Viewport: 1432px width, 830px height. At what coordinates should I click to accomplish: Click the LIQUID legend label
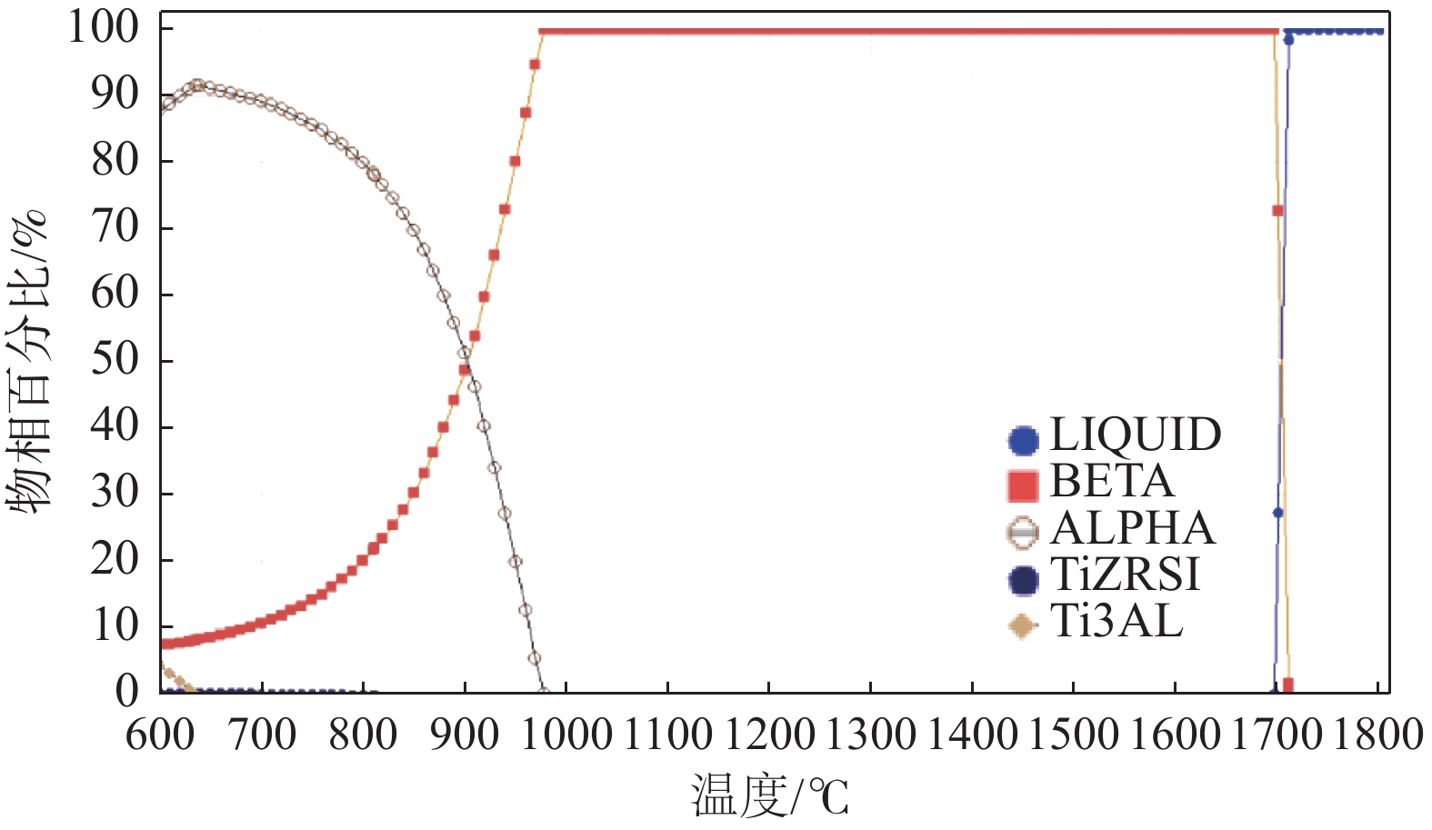tap(1135, 435)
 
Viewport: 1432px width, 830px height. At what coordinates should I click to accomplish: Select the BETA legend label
tap(1111, 482)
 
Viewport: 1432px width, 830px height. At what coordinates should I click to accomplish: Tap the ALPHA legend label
tap(1132, 529)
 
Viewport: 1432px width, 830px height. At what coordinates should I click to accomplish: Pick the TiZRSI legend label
tap(1125, 575)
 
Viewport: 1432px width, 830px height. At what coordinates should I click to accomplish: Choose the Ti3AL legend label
tap(1117, 623)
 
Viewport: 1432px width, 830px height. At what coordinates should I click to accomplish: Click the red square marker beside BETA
tap(1023, 486)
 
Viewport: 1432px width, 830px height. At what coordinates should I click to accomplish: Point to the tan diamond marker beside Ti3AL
tap(1023, 625)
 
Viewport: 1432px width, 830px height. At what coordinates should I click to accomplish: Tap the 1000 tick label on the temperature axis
tap(567, 735)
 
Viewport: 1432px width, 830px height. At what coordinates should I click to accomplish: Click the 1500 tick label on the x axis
tap(1073, 735)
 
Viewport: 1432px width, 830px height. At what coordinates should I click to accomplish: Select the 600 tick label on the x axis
tap(161, 735)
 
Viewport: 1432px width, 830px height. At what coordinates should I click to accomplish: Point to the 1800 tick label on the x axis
tap(1377, 735)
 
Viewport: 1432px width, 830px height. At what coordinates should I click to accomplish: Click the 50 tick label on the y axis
tap(115, 360)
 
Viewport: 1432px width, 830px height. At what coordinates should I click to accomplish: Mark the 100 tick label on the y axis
tap(104, 27)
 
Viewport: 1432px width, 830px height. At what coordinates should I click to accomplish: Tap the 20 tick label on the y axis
tap(115, 559)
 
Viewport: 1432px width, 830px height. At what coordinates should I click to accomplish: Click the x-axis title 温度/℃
tap(769, 796)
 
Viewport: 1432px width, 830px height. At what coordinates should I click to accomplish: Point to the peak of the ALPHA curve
tap(196, 85)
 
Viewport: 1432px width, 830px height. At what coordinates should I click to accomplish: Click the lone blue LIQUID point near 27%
tap(1277, 513)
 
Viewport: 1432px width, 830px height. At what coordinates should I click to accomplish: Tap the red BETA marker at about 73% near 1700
tap(1277, 211)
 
